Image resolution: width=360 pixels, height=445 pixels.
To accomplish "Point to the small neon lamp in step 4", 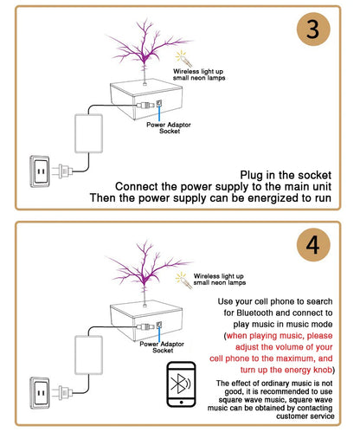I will coord(183,277).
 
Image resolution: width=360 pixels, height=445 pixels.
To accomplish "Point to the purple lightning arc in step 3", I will coord(143,39).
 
